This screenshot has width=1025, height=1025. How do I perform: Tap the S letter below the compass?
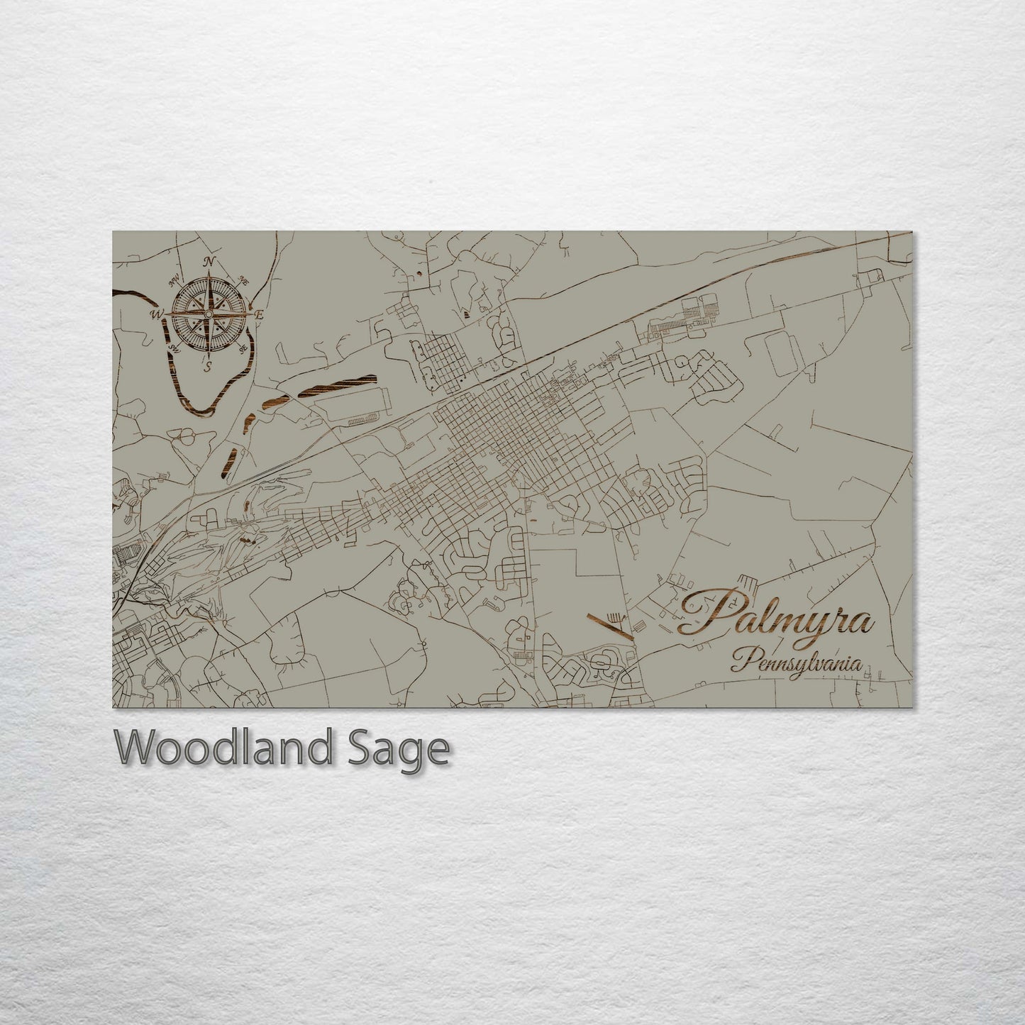pos(209,366)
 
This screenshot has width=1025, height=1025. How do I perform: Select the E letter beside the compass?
pos(259,314)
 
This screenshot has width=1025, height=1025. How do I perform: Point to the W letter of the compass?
pos(155,314)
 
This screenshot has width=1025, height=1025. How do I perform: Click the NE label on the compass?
pos(244,278)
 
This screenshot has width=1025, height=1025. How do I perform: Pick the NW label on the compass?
pos(172,281)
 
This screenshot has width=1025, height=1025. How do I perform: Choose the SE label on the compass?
pos(243,348)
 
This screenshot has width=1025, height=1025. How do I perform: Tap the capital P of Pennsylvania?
pos(739,661)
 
